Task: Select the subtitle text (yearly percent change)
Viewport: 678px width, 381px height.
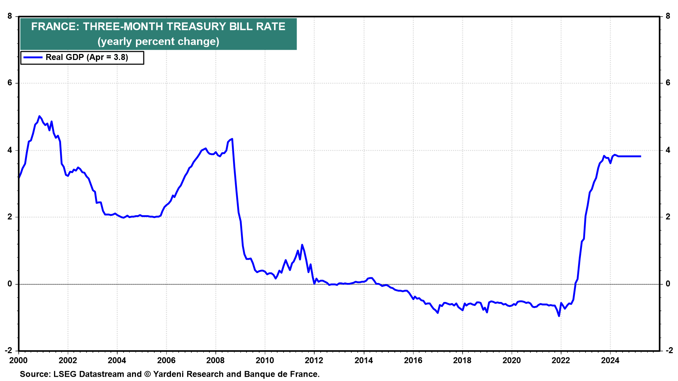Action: (x=158, y=42)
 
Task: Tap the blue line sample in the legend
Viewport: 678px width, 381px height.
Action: (x=32, y=58)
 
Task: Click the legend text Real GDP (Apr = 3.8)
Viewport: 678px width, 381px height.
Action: (x=87, y=58)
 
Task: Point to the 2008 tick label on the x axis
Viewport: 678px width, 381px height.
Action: (x=215, y=361)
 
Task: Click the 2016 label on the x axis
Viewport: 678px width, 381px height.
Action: (x=413, y=361)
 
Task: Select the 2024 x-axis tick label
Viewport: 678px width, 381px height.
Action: (x=610, y=361)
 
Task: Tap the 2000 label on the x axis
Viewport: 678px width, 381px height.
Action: (x=18, y=361)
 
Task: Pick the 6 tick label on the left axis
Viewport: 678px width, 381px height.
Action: (x=10, y=83)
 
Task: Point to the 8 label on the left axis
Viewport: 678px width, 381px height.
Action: (x=10, y=16)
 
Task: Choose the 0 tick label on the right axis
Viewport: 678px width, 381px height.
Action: (x=668, y=284)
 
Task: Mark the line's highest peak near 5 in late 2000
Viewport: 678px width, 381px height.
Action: (x=39, y=116)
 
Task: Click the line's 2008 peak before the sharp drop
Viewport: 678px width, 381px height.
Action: (x=232, y=139)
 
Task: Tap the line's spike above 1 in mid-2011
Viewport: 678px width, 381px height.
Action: (x=302, y=245)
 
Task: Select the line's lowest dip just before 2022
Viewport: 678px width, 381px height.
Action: (x=559, y=316)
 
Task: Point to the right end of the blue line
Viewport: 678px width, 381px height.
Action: (x=640, y=156)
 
